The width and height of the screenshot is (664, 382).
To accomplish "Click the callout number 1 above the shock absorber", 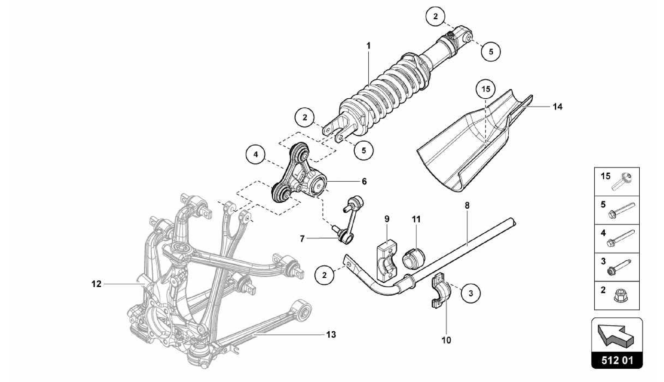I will pyautogui.click(x=368, y=46).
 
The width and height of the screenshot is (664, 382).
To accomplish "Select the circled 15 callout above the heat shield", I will pyautogui.click(x=486, y=89).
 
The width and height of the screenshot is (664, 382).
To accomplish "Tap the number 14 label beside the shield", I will pyautogui.click(x=557, y=106).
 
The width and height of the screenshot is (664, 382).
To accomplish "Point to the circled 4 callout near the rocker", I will pyautogui.click(x=255, y=154).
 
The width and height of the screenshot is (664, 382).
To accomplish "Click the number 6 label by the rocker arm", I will pyautogui.click(x=364, y=181).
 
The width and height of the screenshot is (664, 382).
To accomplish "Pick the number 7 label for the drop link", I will pyautogui.click(x=302, y=239).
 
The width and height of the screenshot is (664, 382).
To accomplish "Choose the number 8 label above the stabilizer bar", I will pyautogui.click(x=467, y=205).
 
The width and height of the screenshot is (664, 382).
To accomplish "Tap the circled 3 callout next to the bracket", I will pyautogui.click(x=470, y=293).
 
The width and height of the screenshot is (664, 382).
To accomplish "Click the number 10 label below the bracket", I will pyautogui.click(x=446, y=340).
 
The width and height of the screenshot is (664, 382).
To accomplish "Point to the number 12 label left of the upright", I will pyautogui.click(x=96, y=284).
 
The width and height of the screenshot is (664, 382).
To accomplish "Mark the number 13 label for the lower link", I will pyautogui.click(x=331, y=334).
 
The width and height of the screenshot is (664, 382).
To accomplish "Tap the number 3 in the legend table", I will pyautogui.click(x=603, y=261).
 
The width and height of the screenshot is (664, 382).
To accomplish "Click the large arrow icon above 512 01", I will pyautogui.click(x=617, y=337).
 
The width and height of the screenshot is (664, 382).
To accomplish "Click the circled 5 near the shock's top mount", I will pyautogui.click(x=491, y=51).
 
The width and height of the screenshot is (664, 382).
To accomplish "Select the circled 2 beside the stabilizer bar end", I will pyautogui.click(x=325, y=275).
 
